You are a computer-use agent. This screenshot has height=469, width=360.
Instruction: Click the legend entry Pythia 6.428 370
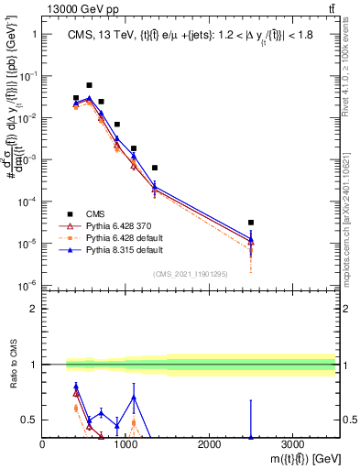coord(113,225)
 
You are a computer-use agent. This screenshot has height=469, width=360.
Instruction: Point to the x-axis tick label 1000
coord(125,444)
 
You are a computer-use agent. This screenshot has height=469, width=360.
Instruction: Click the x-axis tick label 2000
coord(209,444)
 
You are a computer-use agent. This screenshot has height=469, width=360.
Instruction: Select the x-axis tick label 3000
coord(292,444)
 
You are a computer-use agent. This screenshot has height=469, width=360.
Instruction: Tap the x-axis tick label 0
coord(43,444)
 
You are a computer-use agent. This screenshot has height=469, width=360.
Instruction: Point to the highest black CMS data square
coord(89,85)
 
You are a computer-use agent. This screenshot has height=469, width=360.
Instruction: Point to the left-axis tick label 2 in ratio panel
coord(34,309)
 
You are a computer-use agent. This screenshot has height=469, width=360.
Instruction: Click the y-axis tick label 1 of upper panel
coord(34,34)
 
